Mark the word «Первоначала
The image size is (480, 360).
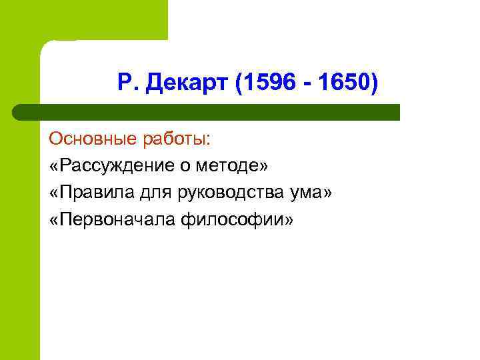click(109, 219)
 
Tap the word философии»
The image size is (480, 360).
click(235, 220)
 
